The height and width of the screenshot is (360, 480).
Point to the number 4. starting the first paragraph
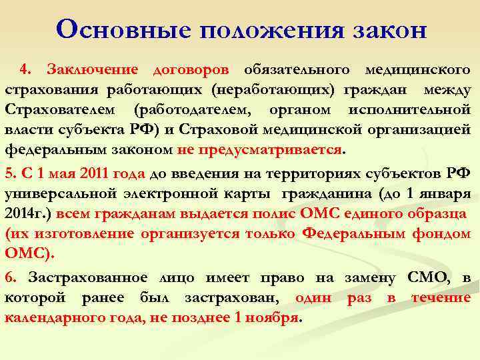click(26, 70)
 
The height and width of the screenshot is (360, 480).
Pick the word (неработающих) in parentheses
click(276, 90)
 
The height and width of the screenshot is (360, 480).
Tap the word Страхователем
click(59, 109)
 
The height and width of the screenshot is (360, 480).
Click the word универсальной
click(66, 195)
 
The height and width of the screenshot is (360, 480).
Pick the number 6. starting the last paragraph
click(9, 278)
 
